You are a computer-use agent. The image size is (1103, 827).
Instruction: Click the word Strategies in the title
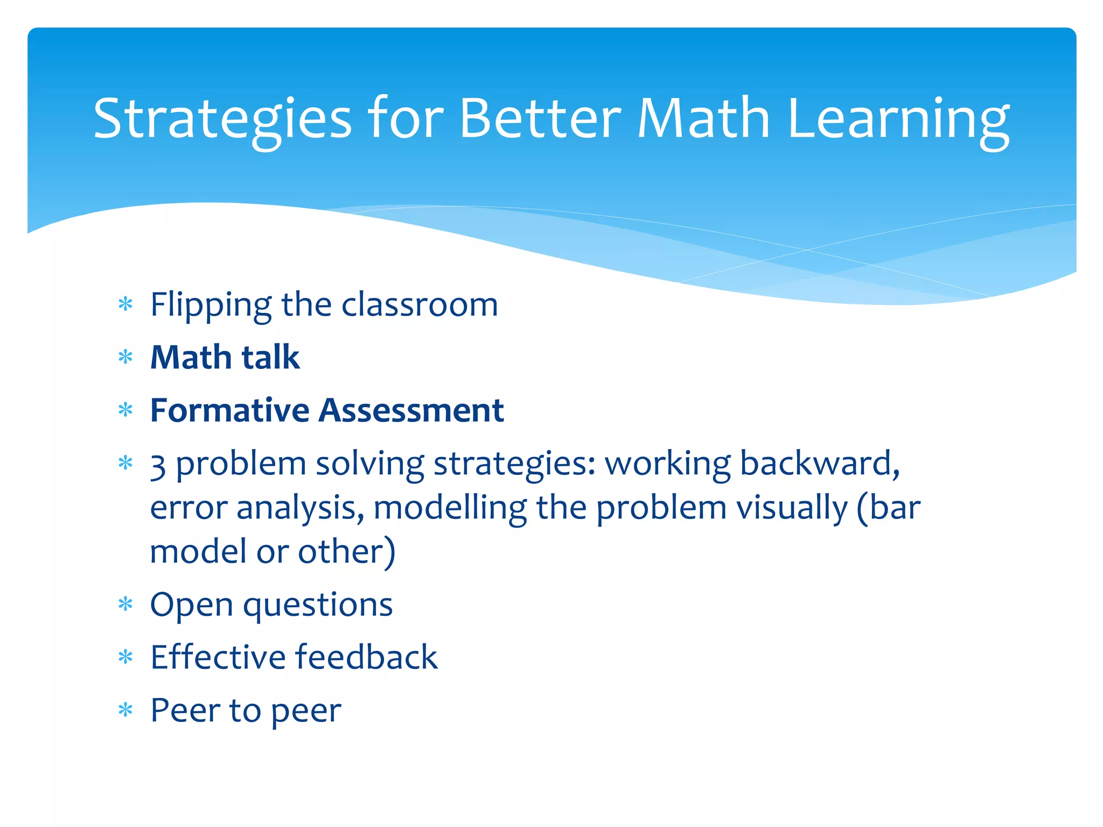[x=222, y=120]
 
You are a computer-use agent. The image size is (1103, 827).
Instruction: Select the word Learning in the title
[x=898, y=120]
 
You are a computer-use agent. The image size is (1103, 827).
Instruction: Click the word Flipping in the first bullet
[x=211, y=305]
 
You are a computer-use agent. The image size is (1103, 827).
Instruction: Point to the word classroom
[x=420, y=305]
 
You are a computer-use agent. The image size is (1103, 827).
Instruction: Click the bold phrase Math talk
[x=225, y=358]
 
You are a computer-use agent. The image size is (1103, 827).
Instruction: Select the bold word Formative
[x=229, y=411]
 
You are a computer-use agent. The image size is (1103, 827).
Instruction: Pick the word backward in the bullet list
[x=819, y=464]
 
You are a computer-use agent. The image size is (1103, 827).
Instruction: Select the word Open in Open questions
[x=191, y=605]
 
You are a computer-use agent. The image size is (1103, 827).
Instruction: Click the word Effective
[x=218, y=657]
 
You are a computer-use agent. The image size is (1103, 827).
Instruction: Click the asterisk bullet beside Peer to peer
[x=125, y=711]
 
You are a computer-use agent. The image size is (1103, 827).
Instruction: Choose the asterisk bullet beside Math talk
[x=125, y=358]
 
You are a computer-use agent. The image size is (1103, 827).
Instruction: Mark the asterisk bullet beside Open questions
[x=125, y=605]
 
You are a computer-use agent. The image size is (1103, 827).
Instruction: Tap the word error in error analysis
[x=189, y=509]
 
